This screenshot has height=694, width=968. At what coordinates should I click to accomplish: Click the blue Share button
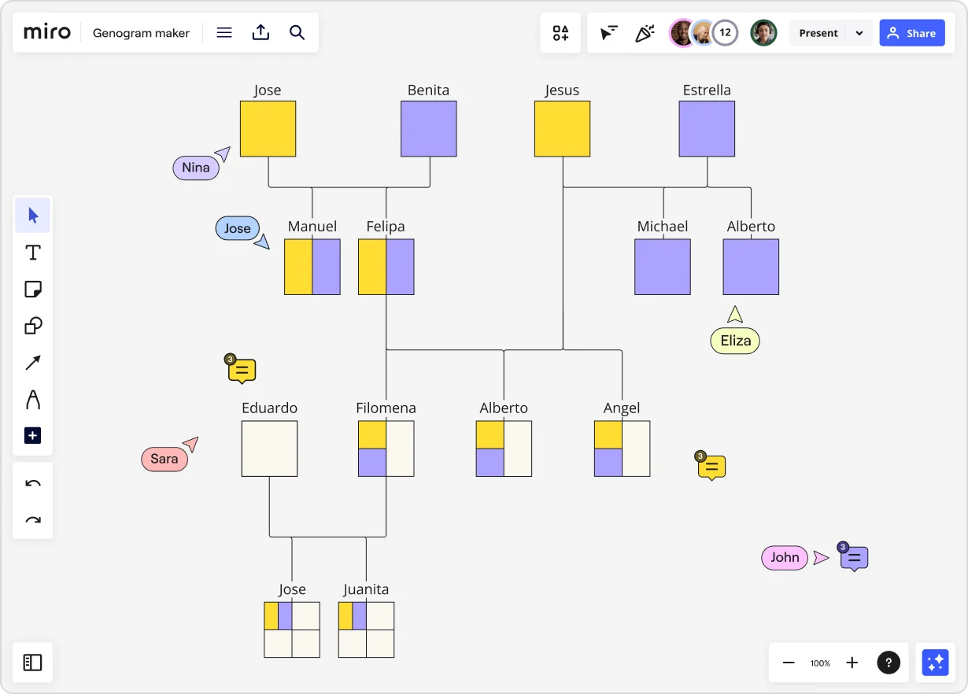(911, 33)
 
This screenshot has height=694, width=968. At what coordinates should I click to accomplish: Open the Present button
(818, 33)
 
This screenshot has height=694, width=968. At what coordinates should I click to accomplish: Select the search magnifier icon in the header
(297, 32)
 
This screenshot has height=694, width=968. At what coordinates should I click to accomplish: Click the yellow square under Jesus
(562, 128)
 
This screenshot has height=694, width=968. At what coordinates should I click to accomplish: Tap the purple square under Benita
(428, 128)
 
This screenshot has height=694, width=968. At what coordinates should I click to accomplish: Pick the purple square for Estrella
(707, 128)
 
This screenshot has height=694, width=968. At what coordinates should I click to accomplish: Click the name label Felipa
(386, 227)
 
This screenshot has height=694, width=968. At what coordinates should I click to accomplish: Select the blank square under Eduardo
(269, 449)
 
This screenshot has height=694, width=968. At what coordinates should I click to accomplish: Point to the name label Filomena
(386, 408)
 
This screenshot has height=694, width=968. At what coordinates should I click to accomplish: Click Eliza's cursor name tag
(735, 341)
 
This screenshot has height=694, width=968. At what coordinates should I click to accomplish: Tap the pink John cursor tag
(785, 557)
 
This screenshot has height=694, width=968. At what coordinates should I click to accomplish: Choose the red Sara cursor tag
(164, 459)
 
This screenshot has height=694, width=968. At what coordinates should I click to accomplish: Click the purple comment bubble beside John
(855, 558)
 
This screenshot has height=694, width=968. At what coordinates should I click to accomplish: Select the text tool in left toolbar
(33, 253)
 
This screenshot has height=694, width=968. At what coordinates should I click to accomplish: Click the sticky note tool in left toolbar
(33, 289)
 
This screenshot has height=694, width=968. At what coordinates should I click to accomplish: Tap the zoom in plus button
(852, 663)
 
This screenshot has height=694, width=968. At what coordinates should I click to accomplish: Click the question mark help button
(889, 663)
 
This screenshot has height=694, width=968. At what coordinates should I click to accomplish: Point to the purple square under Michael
(663, 267)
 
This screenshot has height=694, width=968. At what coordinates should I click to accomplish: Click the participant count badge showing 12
(725, 33)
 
